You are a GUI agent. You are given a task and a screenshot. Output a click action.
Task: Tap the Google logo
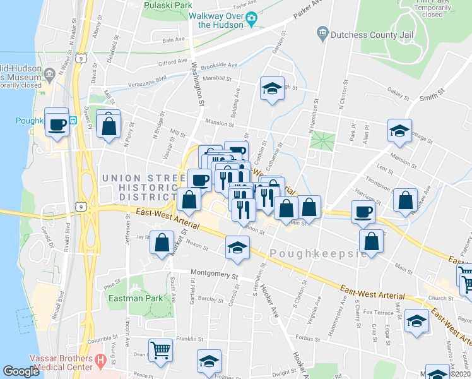[x=21, y=371]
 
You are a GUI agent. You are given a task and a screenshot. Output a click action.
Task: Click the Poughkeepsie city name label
[x=318, y=253]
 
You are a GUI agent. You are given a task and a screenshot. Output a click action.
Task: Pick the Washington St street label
[x=198, y=82]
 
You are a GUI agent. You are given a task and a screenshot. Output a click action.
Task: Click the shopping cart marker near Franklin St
[x=161, y=349]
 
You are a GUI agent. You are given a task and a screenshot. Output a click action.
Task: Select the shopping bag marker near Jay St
[x=162, y=243]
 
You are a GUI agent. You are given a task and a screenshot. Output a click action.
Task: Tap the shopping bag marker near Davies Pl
[x=109, y=125]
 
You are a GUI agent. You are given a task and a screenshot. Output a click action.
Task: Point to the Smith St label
[x=432, y=94]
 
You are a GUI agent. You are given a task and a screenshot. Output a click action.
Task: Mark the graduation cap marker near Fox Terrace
[x=416, y=321]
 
